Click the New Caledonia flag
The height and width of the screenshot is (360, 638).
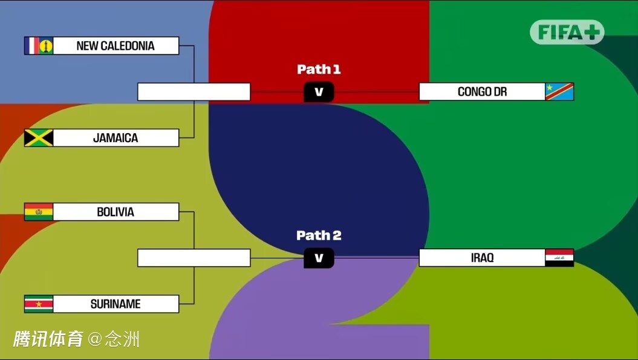click(39, 45)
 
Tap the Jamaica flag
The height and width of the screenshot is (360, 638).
click(39, 138)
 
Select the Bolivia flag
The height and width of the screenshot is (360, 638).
click(39, 212)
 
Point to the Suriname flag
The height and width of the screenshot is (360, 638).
click(39, 304)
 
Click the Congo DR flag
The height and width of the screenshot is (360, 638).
click(559, 91)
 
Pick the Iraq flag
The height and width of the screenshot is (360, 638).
click(559, 258)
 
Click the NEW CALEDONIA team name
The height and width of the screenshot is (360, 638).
click(116, 46)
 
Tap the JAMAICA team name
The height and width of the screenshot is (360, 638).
click(116, 138)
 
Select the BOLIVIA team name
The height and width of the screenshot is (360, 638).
click(116, 212)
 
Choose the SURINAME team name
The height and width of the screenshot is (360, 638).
click(116, 304)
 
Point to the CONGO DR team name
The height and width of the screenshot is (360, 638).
click(483, 92)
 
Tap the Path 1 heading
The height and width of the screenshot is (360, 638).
click(319, 69)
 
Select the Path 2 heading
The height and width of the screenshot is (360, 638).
click(319, 235)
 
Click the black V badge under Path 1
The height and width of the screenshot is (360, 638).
click(319, 92)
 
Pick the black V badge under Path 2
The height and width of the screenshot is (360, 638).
click(319, 258)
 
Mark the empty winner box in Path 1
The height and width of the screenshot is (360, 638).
click(194, 91)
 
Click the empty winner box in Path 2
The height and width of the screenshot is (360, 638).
click(194, 258)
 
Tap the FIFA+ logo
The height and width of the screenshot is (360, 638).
click(567, 32)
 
